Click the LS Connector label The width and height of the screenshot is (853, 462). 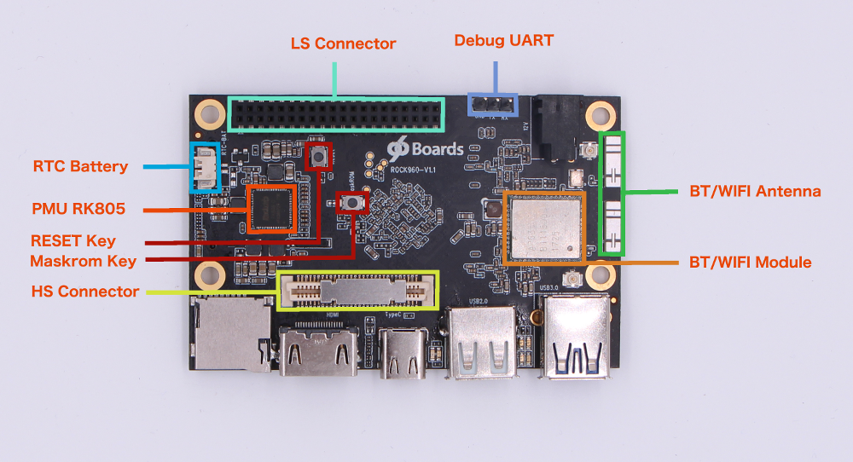[343, 43]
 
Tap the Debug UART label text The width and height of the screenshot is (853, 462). [503, 40]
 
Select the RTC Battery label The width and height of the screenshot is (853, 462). [80, 166]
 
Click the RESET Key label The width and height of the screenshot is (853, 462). [73, 241]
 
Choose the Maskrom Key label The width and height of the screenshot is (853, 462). [83, 260]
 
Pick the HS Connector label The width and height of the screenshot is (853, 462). [85, 292]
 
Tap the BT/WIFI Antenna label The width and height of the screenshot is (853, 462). [755, 192]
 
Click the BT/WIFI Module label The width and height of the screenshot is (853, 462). [750, 262]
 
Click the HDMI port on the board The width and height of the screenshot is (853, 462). [319, 350]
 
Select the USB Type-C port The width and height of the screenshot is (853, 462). [403, 352]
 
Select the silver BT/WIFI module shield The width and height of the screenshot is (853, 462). [545, 227]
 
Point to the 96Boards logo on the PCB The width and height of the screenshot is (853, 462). [424, 147]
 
